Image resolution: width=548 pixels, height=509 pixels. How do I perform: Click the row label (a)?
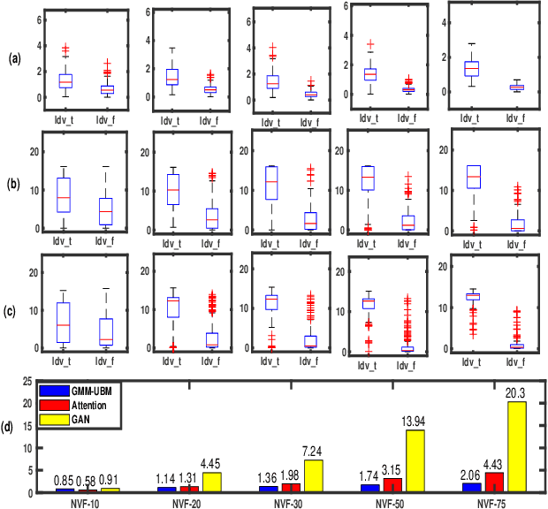pos(13,59)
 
